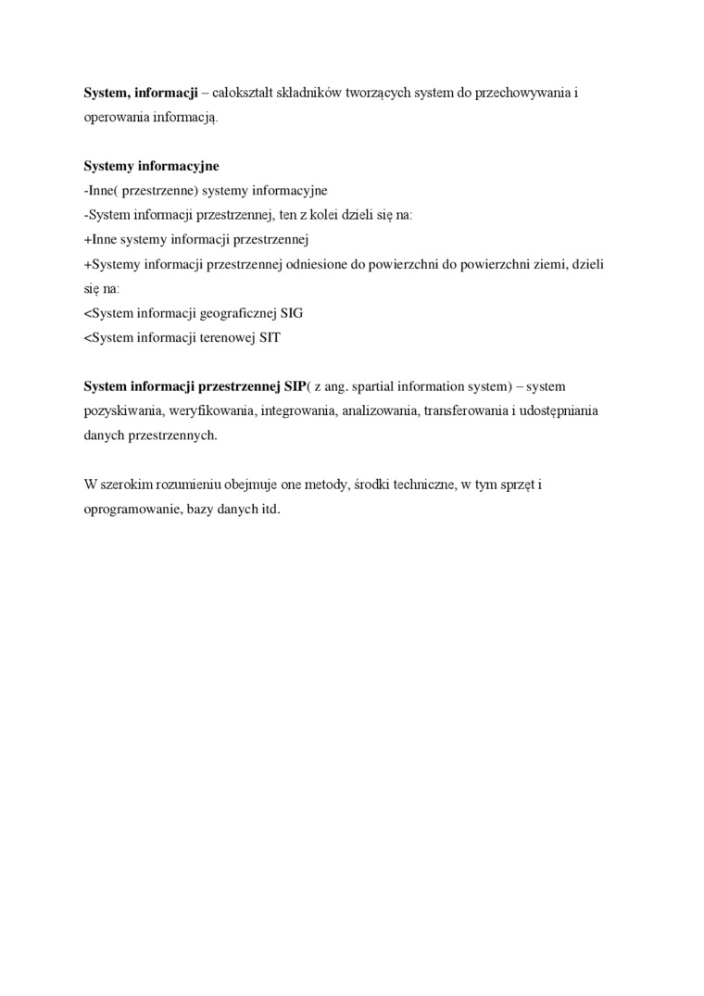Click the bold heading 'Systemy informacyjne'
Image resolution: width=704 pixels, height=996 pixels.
(x=151, y=167)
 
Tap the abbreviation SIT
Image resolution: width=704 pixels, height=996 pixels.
(x=270, y=337)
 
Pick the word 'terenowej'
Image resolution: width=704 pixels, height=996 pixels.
(x=221, y=337)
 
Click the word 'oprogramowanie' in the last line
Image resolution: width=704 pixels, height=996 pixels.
(x=132, y=509)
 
